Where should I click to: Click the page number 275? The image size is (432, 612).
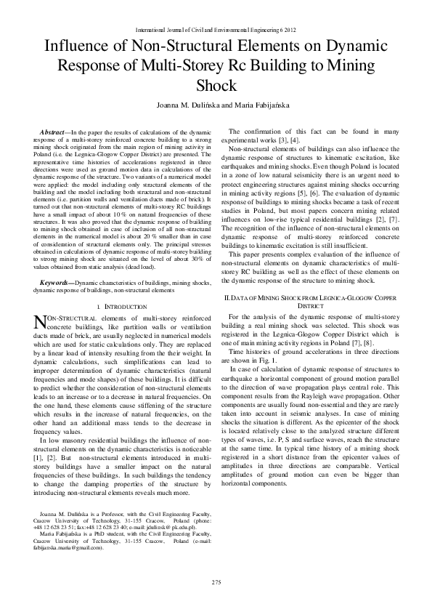216,582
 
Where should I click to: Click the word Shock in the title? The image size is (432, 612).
216,86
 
